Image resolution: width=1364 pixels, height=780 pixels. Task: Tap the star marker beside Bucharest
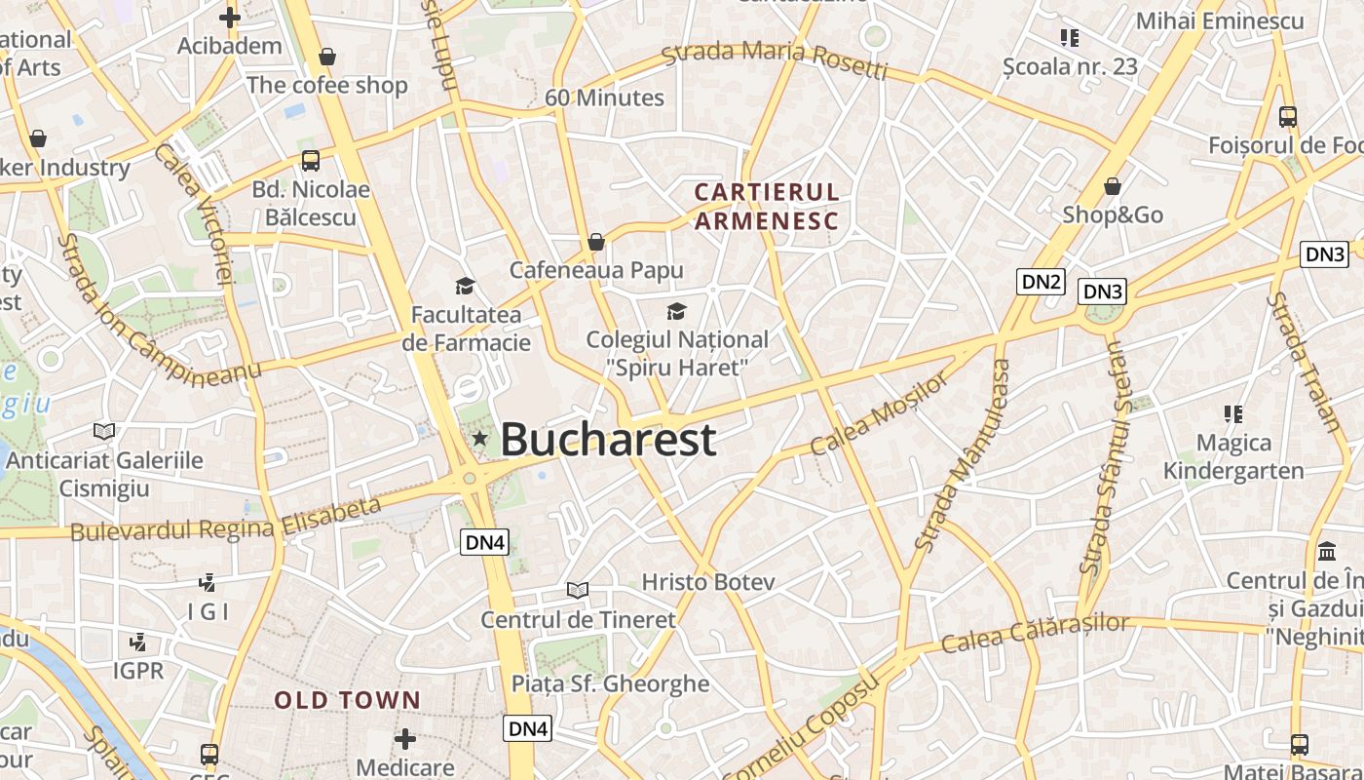coord(479,439)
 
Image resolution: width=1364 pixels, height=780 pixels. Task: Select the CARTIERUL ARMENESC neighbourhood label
coord(766,206)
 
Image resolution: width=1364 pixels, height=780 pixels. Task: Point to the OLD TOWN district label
coord(347,700)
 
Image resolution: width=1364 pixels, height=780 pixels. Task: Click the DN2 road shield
coord(1041,282)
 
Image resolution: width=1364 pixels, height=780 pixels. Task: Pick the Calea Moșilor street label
coord(879,413)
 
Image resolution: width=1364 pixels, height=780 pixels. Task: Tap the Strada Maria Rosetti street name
coord(775,59)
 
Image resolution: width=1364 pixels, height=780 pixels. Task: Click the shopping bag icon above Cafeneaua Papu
coord(596,241)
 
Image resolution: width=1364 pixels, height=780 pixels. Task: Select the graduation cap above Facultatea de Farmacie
coord(465,286)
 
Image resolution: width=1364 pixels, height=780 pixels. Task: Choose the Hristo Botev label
coord(708,582)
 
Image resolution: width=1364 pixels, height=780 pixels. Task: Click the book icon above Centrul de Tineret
coord(578,590)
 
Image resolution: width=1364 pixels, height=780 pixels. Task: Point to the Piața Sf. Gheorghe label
coord(611,683)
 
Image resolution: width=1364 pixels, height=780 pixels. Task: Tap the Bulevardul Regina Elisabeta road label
coord(226,521)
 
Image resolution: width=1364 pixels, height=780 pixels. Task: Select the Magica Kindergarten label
coord(1233,456)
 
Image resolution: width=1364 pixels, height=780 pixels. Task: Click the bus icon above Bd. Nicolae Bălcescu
coord(311,161)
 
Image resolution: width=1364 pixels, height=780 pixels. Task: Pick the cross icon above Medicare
coord(405,739)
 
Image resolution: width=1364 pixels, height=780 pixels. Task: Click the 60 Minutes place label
coord(604,97)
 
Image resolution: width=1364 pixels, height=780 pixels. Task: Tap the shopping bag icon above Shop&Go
coord(1113,185)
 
